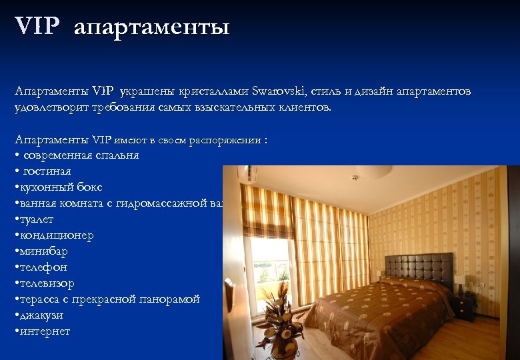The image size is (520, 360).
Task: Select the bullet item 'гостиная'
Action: click(x=47, y=171)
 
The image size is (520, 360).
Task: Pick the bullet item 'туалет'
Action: click(x=37, y=219)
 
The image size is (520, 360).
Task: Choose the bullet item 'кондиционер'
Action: click(x=56, y=235)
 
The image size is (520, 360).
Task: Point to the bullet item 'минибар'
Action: click(x=44, y=251)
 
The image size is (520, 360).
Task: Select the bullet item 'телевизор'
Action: click(x=47, y=283)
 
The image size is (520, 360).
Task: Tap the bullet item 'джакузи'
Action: click(x=44, y=315)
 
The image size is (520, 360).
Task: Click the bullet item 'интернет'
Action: click(x=45, y=331)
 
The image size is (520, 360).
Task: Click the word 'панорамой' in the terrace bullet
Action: click(x=169, y=299)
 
